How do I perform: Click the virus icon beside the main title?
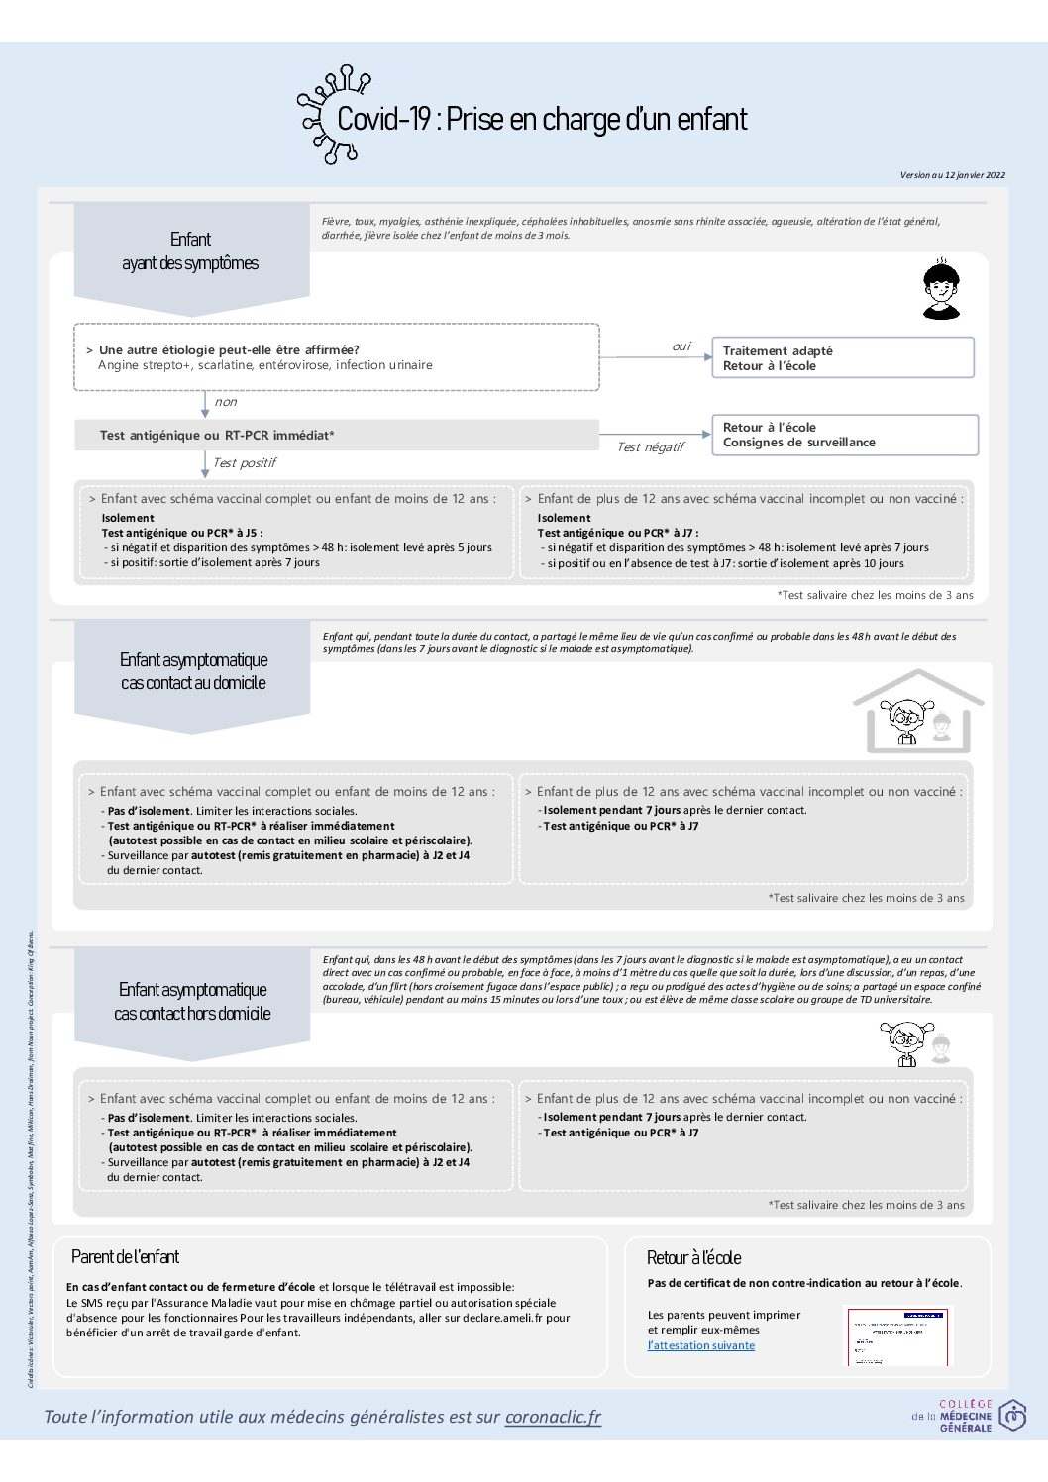(x=332, y=114)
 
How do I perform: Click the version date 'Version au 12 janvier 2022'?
(x=952, y=175)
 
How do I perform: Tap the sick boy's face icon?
(x=940, y=289)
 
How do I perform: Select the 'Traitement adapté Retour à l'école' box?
(x=842, y=357)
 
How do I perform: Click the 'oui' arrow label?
(x=681, y=346)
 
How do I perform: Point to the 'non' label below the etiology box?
(x=226, y=402)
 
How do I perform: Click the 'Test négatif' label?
(x=650, y=447)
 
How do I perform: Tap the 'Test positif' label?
(x=244, y=463)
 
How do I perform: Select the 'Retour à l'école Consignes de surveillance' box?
(x=844, y=435)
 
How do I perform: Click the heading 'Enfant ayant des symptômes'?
(x=190, y=251)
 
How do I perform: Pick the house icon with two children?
(x=917, y=712)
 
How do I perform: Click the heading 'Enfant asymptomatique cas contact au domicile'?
(x=193, y=671)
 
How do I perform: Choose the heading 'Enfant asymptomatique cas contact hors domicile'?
(x=192, y=1001)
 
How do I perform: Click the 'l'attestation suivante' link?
(x=700, y=1345)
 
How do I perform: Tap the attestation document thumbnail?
(x=895, y=1335)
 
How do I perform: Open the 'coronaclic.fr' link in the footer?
(x=553, y=1417)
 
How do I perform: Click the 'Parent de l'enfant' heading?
(x=125, y=1257)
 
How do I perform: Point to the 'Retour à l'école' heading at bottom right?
(x=693, y=1258)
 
